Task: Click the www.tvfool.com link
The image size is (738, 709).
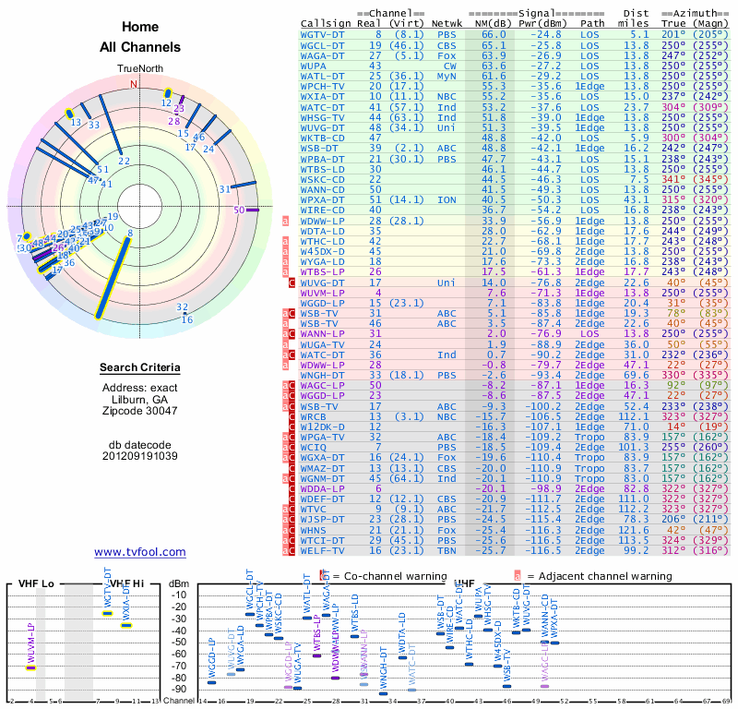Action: [139, 552]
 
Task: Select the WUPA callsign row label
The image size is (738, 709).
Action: [315, 66]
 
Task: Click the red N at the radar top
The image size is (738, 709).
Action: [133, 84]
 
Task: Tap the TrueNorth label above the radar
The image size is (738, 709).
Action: [139, 68]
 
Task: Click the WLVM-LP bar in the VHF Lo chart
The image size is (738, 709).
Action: [30, 667]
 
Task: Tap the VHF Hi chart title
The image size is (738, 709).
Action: [125, 583]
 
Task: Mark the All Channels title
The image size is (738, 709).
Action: [139, 47]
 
